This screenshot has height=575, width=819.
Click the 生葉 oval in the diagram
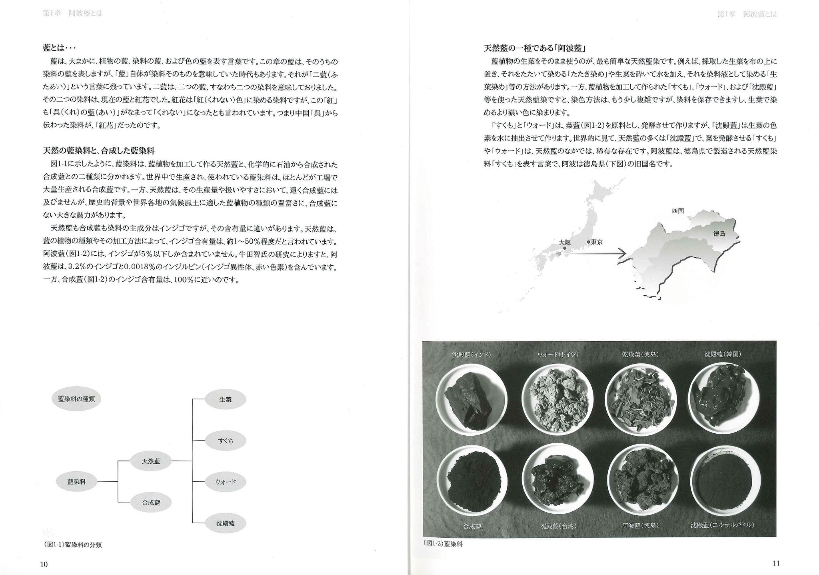click(x=225, y=399)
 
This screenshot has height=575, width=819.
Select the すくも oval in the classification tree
click(x=225, y=441)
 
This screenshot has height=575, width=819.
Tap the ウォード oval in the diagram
click(x=225, y=482)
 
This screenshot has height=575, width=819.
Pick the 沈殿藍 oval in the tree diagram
click(x=225, y=523)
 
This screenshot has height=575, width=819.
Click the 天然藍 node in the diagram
click(x=151, y=461)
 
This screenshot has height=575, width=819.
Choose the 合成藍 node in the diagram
click(x=151, y=502)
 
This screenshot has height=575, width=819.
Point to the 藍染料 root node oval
click(x=76, y=482)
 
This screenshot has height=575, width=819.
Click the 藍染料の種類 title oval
click(x=76, y=399)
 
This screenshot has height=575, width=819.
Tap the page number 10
click(x=44, y=564)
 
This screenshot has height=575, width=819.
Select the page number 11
click(x=776, y=563)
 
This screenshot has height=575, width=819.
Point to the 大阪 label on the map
click(x=565, y=242)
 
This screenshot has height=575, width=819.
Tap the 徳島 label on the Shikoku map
click(x=719, y=234)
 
